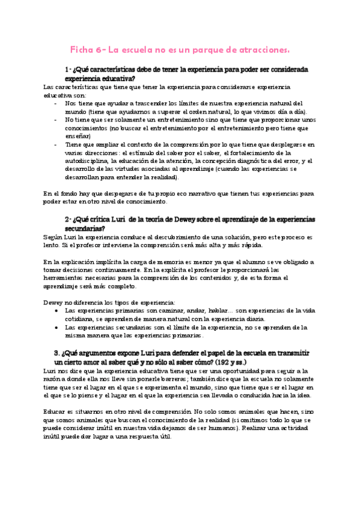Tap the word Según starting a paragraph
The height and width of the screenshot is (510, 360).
(53, 237)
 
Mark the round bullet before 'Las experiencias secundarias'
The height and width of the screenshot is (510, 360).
(56, 328)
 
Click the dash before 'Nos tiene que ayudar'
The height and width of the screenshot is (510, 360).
(56, 103)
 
